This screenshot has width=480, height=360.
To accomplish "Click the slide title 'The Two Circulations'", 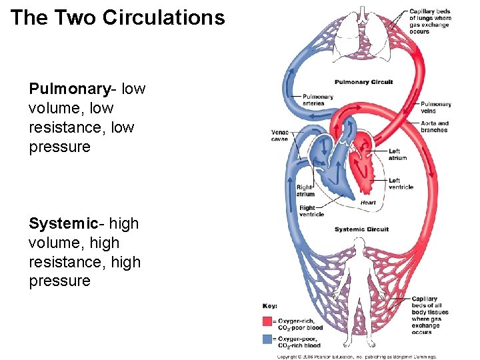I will coord(118,18).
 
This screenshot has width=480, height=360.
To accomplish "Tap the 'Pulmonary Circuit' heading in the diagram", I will coord(363,82).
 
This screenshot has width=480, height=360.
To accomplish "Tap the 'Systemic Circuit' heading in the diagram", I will coord(361,229).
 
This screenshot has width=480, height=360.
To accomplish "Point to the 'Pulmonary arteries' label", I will coord(318,100).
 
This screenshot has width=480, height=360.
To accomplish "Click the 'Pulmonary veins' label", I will coord(436,107).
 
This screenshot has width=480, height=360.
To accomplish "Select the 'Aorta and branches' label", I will coord(435,127).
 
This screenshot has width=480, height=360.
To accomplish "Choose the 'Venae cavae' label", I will coord(280,135).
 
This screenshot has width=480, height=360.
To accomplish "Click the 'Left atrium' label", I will coord(398,155).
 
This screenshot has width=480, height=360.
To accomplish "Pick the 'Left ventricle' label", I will coord(401,183).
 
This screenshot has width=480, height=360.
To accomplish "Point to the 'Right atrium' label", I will coord(305,191).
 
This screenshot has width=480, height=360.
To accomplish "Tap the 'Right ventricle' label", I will coord(311,211).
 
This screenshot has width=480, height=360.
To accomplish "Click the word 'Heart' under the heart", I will coord(368,203).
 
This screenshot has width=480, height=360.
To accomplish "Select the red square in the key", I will coord(267,321).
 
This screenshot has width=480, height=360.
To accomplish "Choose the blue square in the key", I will coord(267,339).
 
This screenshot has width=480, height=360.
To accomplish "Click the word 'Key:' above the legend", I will coord(270,306).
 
